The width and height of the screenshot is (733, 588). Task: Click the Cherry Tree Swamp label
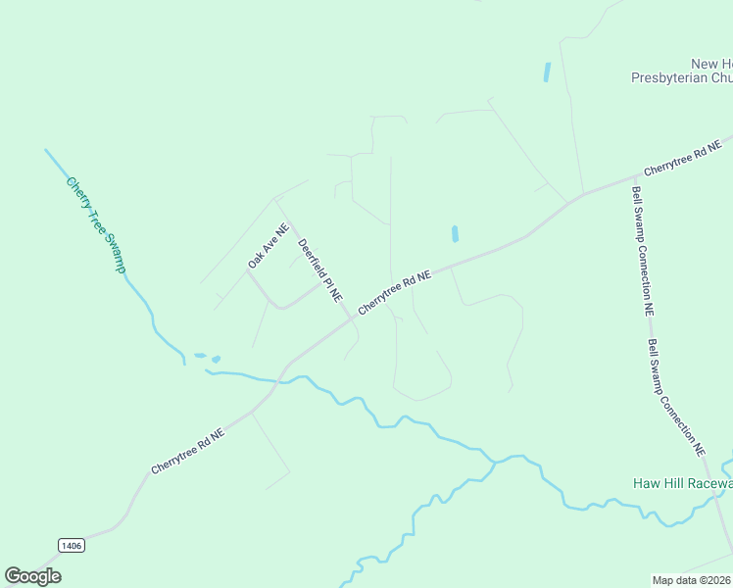click(x=98, y=225)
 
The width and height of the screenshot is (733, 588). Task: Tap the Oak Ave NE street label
click(x=269, y=246)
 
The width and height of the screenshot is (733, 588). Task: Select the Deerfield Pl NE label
click(x=319, y=269)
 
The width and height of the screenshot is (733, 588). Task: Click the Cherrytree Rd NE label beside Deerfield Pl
click(x=395, y=293)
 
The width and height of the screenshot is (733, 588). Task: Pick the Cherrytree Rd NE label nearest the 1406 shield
click(x=188, y=452)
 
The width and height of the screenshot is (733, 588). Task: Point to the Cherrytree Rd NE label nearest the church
click(x=682, y=158)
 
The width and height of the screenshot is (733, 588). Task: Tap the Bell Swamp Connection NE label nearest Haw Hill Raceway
click(x=676, y=397)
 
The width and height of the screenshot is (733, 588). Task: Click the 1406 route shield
click(x=71, y=545)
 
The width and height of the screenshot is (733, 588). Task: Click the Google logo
click(x=33, y=576)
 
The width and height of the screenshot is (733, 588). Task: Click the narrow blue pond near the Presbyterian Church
click(x=546, y=72)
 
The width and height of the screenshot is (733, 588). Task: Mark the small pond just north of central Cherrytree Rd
click(x=455, y=234)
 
